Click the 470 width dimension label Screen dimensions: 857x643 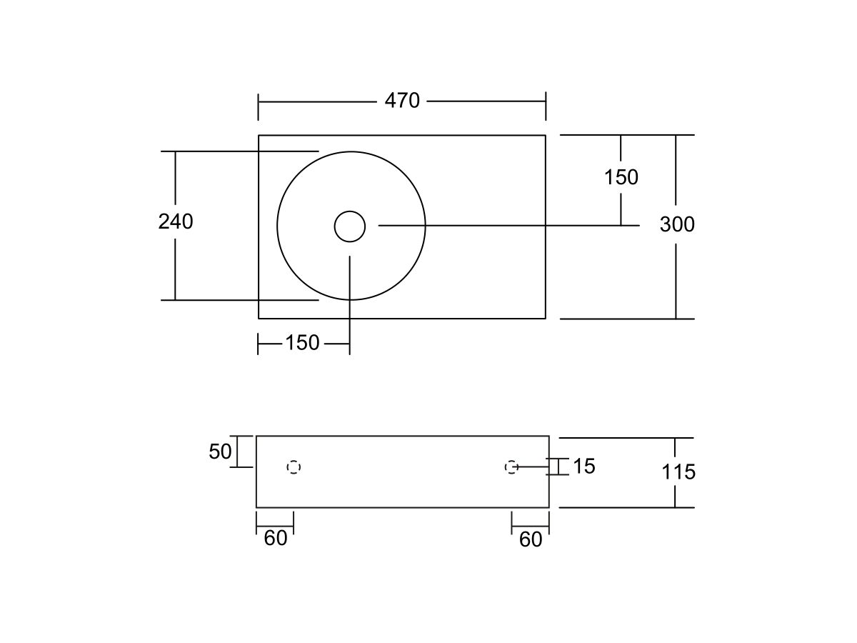click(402, 101)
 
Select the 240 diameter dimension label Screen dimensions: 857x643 click(175, 221)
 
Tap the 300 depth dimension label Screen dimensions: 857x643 click(677, 224)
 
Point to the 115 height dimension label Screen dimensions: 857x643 click(678, 472)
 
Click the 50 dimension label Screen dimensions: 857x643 click(220, 452)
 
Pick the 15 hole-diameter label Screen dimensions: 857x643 click(584, 466)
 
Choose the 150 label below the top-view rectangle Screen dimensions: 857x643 click(302, 343)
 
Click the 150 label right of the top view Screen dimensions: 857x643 click(621, 177)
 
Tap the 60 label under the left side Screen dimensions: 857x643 click(275, 539)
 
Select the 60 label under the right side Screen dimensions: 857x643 click(531, 539)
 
